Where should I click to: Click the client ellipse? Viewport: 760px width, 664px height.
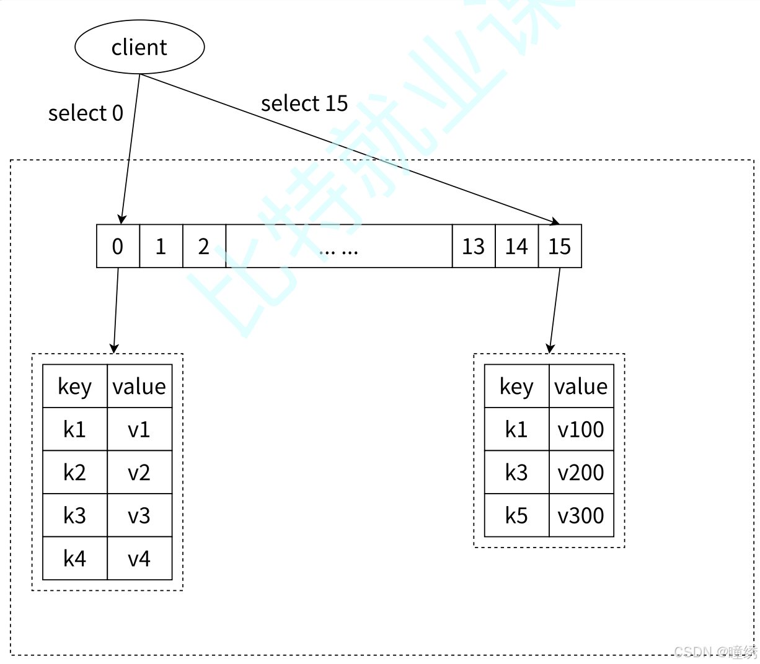tap(139, 47)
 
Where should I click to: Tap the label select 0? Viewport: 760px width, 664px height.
tap(86, 113)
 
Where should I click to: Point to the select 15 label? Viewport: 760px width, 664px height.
tap(304, 103)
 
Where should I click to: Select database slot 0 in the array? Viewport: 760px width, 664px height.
tap(118, 247)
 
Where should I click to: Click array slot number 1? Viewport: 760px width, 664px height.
tap(161, 247)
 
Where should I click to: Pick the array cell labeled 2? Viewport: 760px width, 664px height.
tap(204, 247)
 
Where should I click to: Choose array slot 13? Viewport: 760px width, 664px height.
tap(474, 247)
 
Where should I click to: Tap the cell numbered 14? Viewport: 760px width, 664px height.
tap(516, 247)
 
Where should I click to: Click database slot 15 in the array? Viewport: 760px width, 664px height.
tap(560, 247)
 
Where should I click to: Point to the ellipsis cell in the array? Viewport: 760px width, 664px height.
tap(339, 247)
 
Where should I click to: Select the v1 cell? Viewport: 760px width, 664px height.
tap(139, 429)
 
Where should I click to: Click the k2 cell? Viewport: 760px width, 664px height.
tap(75, 473)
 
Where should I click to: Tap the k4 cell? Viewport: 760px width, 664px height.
tap(75, 559)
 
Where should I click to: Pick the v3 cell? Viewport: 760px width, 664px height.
tap(139, 515)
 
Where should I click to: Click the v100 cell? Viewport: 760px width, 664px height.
tap(581, 429)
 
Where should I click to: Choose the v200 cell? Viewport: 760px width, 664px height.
tap(581, 473)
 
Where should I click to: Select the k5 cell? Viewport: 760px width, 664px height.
tap(516, 515)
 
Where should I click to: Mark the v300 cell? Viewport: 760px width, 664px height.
tap(581, 515)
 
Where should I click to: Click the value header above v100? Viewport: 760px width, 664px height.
tap(581, 387)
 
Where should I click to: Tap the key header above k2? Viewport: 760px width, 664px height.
tap(75, 387)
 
